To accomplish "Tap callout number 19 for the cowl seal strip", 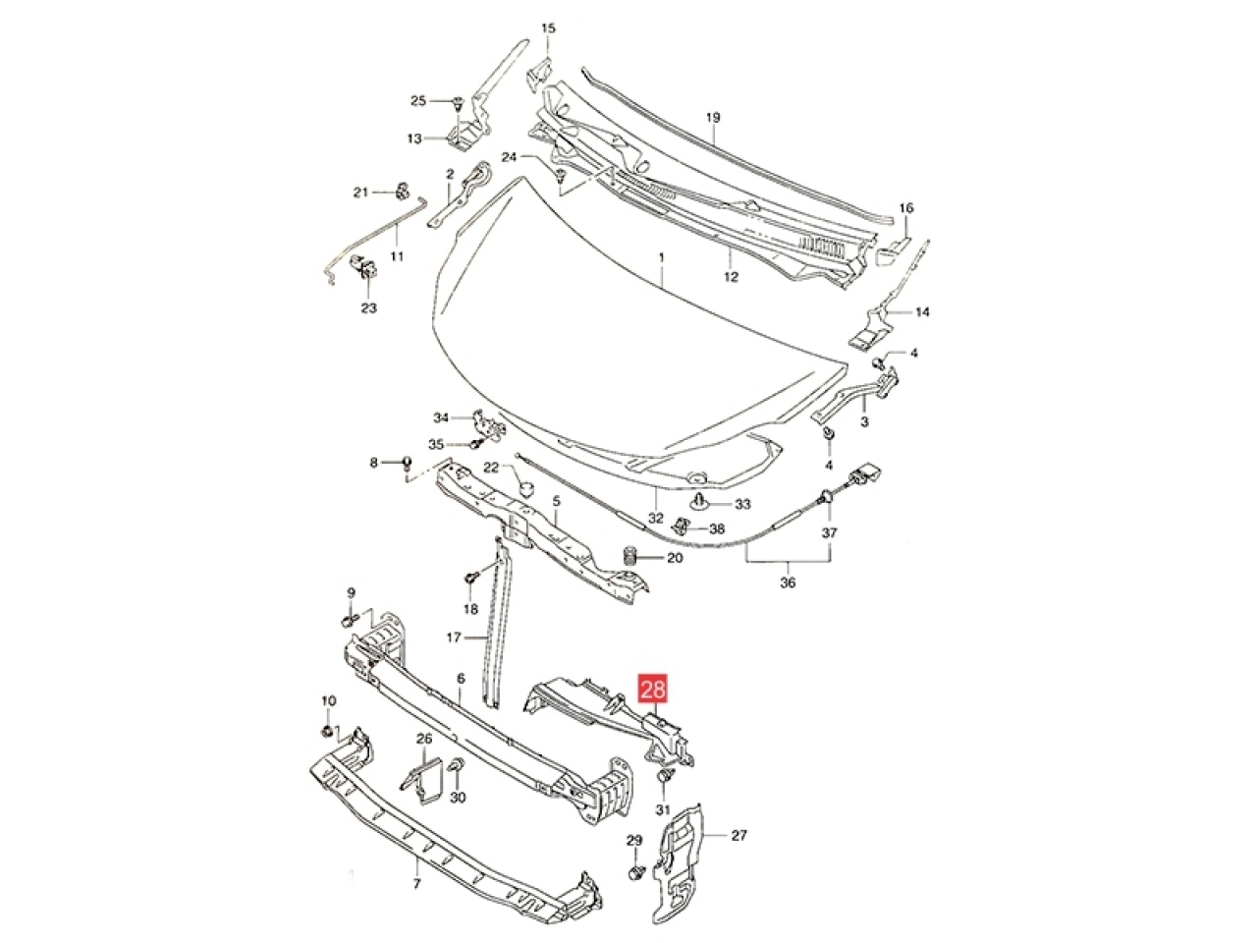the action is click(712, 118).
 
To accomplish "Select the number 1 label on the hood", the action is click(662, 258).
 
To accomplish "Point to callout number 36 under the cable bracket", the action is click(788, 582).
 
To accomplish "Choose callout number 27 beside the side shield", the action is click(739, 836).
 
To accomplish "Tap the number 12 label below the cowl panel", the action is click(732, 277).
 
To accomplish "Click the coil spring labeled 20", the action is click(630, 557).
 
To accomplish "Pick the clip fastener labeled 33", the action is click(700, 502).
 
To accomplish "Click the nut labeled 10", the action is click(327, 732).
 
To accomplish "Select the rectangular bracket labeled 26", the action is click(424, 779).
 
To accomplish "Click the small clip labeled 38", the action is click(683, 525).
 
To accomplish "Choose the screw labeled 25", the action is click(458, 104).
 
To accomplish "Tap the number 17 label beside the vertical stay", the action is click(454, 637).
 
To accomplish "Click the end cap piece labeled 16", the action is click(890, 250).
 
